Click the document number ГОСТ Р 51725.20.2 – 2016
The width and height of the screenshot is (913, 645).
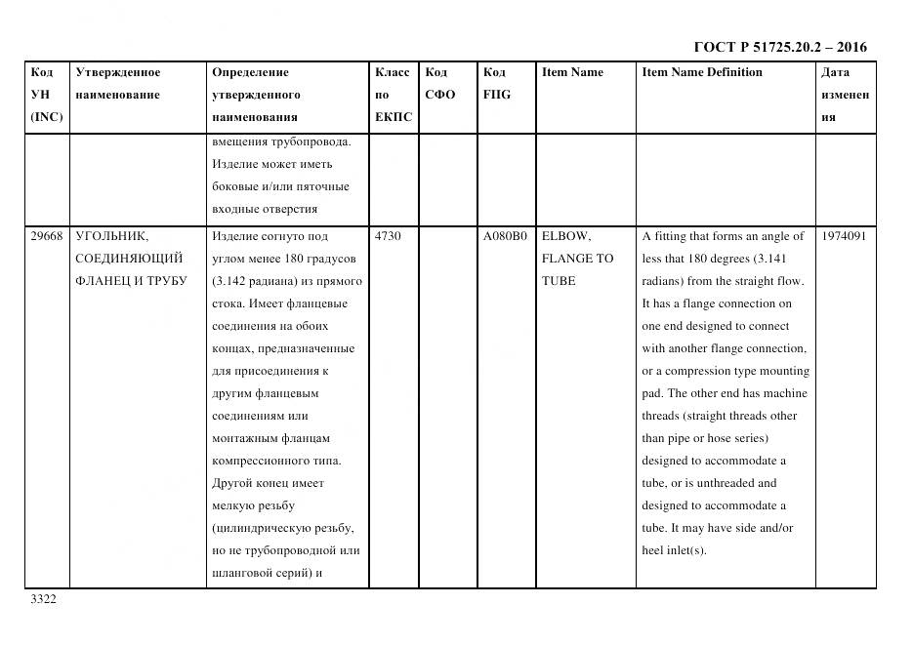(779, 47)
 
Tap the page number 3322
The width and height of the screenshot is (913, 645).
(44, 599)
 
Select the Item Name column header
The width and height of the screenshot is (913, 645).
(572, 72)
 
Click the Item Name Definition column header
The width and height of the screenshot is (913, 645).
(702, 72)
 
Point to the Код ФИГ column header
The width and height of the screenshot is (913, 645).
(496, 83)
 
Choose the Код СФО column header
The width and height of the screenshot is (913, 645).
(439, 83)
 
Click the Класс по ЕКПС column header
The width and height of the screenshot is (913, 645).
(393, 95)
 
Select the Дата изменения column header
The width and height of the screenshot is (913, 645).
(845, 95)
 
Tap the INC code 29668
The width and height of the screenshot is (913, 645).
(46, 236)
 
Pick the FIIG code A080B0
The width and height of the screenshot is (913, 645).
(505, 236)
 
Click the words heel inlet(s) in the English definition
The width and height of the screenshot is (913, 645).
(673, 550)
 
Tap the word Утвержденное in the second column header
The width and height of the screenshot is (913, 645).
(117, 72)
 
